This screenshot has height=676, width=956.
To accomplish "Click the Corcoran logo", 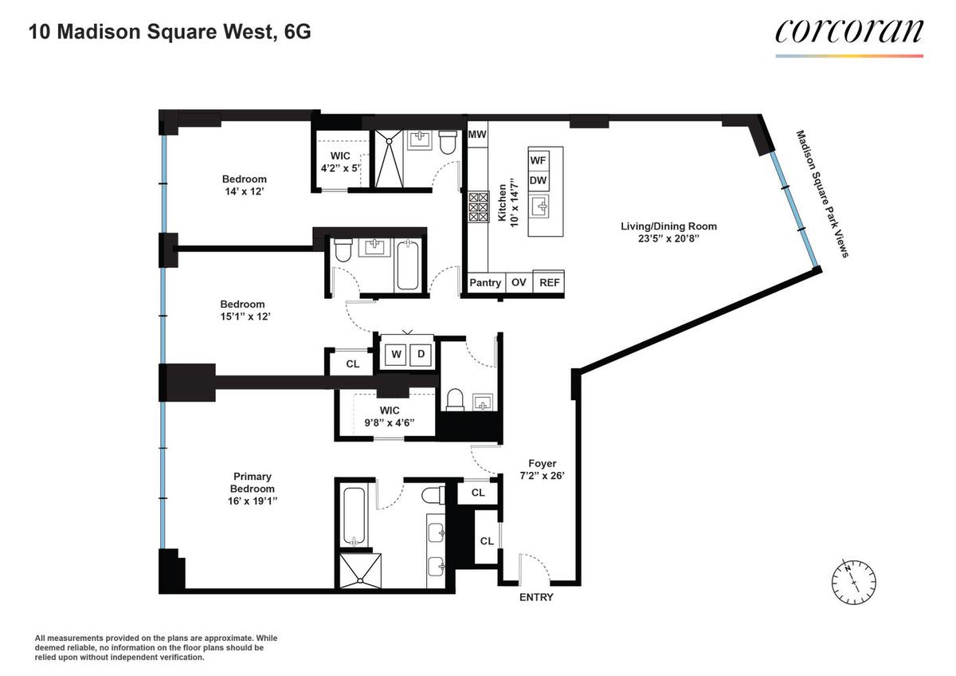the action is [849, 38].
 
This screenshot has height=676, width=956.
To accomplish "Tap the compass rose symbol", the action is [853, 583].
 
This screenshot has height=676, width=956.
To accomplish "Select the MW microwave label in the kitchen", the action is [477, 134].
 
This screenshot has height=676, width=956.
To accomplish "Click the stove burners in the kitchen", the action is [479, 207].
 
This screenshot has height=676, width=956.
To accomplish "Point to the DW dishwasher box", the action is [539, 181].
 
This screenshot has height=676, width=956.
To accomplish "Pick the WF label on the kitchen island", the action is [538, 160].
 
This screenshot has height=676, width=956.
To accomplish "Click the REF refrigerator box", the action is [549, 282].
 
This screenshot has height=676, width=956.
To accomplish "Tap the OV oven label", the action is [519, 282].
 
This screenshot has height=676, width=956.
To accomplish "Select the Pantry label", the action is [485, 283].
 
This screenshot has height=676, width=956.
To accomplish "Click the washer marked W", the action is [396, 355].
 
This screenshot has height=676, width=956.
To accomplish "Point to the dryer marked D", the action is [421, 355].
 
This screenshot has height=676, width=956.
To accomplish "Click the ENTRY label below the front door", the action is [536, 597].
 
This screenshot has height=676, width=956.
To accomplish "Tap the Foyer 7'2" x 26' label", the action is [542, 470].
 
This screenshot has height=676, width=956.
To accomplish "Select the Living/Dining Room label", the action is [668, 232].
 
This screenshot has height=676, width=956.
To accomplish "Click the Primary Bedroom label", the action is [253, 489].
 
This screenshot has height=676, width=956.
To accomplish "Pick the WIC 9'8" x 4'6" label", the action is [390, 416].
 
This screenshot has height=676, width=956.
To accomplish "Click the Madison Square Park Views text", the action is [822, 194].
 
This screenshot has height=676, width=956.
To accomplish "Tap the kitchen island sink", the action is [542, 207].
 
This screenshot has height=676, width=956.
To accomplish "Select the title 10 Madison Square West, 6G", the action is [170, 32].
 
